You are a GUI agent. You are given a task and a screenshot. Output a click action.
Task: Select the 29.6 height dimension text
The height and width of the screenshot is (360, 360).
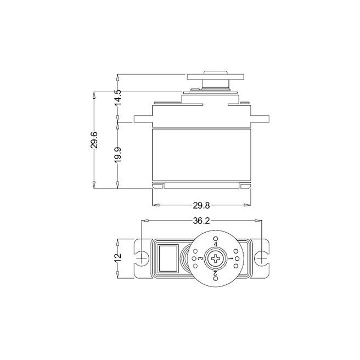[95, 140]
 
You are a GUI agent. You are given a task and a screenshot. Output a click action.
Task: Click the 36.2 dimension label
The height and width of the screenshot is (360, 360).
[201, 221]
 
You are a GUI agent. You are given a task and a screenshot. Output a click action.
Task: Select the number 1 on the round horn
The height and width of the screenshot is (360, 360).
[230, 258]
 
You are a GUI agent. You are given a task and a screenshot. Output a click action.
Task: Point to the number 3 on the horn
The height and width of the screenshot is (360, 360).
[201, 258]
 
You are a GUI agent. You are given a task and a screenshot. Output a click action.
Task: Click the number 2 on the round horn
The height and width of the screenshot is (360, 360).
[216, 273]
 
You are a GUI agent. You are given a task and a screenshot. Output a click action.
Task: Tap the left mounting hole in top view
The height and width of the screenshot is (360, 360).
[142, 257]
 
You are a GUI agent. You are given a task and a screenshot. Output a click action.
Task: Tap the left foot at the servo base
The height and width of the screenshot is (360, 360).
[158, 187]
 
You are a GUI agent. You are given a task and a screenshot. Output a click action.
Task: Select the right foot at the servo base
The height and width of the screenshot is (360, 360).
[245, 187]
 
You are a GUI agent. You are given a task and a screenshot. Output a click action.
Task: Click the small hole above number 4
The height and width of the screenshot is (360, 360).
[216, 237]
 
